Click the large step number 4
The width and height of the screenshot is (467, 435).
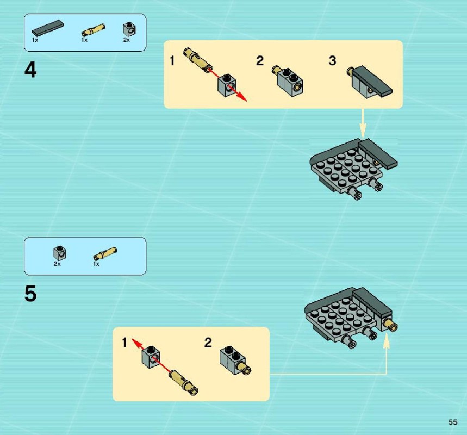[x=30, y=70]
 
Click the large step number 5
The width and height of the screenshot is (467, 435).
[x=30, y=294]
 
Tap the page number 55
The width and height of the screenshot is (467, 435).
[x=453, y=422]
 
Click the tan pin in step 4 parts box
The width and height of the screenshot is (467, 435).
[x=93, y=30]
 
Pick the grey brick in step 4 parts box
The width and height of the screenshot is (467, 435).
[x=130, y=29]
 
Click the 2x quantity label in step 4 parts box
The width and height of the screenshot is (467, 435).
[x=127, y=40]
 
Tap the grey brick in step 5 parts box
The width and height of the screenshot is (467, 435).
[x=60, y=253]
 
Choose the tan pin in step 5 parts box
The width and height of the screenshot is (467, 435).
[x=105, y=253]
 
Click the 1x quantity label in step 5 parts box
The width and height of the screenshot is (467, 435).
[x=96, y=264]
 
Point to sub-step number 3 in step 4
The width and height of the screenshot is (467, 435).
[x=332, y=61]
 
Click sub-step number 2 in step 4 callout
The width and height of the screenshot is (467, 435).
[x=260, y=61]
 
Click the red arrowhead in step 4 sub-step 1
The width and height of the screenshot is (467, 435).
[x=242, y=98]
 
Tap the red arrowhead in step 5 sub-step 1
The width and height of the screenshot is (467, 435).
[x=136, y=343]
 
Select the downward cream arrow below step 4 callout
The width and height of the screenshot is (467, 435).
[x=363, y=123]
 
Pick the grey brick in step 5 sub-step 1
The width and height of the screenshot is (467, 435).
[x=151, y=357]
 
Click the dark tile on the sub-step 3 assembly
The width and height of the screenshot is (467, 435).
[x=372, y=80]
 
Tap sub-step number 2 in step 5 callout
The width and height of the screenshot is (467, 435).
[x=208, y=343]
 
